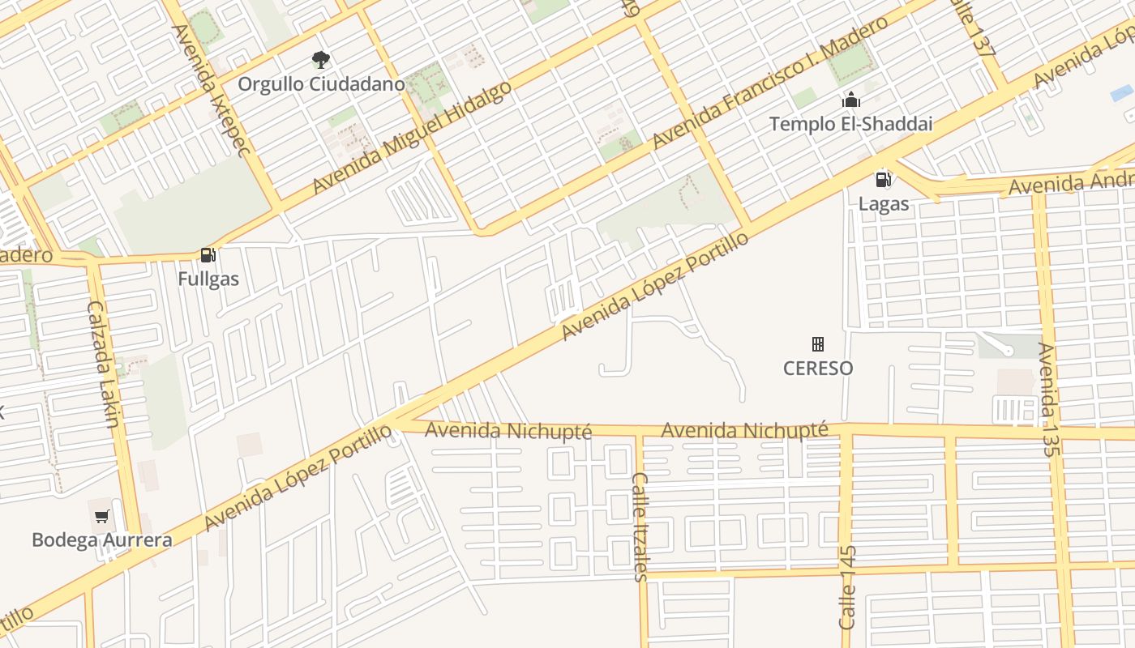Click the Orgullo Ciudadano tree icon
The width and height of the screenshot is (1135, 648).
tap(321, 59)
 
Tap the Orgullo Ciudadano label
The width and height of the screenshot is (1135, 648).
tap(321, 84)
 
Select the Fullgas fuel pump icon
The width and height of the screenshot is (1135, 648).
tap(208, 255)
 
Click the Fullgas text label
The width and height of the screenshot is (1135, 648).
tap(208, 279)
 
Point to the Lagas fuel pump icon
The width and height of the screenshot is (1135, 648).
tap(883, 180)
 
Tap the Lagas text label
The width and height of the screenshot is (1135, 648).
tap(884, 204)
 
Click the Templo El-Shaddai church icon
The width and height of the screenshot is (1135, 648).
tap(850, 100)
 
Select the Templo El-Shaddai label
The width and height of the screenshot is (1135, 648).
tap(850, 125)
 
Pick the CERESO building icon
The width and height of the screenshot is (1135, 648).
tap(818, 344)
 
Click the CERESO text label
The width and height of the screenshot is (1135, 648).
tap(818, 369)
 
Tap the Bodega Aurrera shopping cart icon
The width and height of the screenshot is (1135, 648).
tap(102, 516)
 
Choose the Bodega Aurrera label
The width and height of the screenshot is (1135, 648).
tap(102, 540)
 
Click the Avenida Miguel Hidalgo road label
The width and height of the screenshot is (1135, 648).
tap(413, 136)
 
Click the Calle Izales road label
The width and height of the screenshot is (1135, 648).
tap(640, 526)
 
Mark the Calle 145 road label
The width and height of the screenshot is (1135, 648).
tap(847, 587)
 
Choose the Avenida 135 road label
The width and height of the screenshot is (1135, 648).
tap(1047, 399)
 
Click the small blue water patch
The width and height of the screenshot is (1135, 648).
tap(1122, 93)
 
